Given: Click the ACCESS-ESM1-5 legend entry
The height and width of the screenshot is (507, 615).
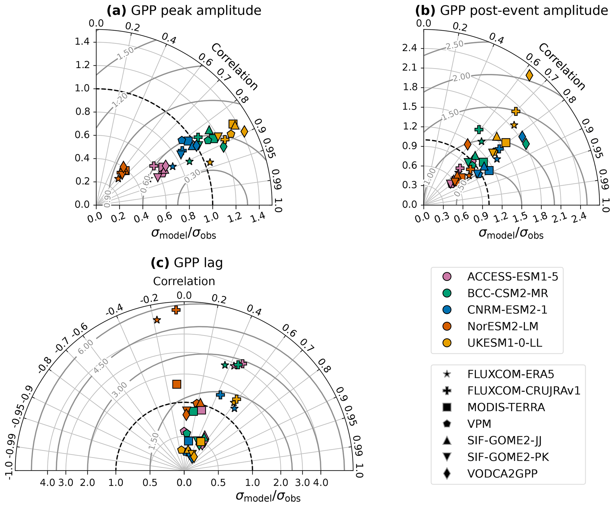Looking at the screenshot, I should coord(512,277).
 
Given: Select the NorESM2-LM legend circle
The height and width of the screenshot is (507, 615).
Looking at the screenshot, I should coord(447,326).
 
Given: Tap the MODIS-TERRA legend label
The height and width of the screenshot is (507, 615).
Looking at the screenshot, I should coord(506,407).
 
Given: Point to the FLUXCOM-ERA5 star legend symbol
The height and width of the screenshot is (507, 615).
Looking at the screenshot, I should coord(447,374).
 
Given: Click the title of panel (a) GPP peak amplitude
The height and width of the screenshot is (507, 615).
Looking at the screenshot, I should coord(184,11).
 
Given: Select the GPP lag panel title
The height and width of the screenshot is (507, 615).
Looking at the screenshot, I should coord(187,263).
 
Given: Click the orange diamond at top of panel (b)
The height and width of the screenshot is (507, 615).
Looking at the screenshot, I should coord(529,75).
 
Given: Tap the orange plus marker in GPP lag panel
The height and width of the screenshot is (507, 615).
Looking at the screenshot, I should coord(176,310).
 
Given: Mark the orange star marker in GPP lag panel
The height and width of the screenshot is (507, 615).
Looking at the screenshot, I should coord(157,320).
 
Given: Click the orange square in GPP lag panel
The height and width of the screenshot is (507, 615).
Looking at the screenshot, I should coord(177,384).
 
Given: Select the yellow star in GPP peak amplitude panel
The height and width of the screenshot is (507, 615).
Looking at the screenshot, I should coord(210,162).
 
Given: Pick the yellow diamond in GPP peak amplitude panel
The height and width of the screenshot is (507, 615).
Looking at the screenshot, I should coord(244,131).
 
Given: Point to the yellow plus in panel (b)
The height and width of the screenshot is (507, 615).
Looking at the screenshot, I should coord(516,111).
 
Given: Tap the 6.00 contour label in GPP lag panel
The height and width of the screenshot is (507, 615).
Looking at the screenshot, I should coord(86,346).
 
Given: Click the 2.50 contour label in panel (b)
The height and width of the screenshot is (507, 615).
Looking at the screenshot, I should coord(455,45).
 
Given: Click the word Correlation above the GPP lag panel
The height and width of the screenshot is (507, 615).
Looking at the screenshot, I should coord(184,281).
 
